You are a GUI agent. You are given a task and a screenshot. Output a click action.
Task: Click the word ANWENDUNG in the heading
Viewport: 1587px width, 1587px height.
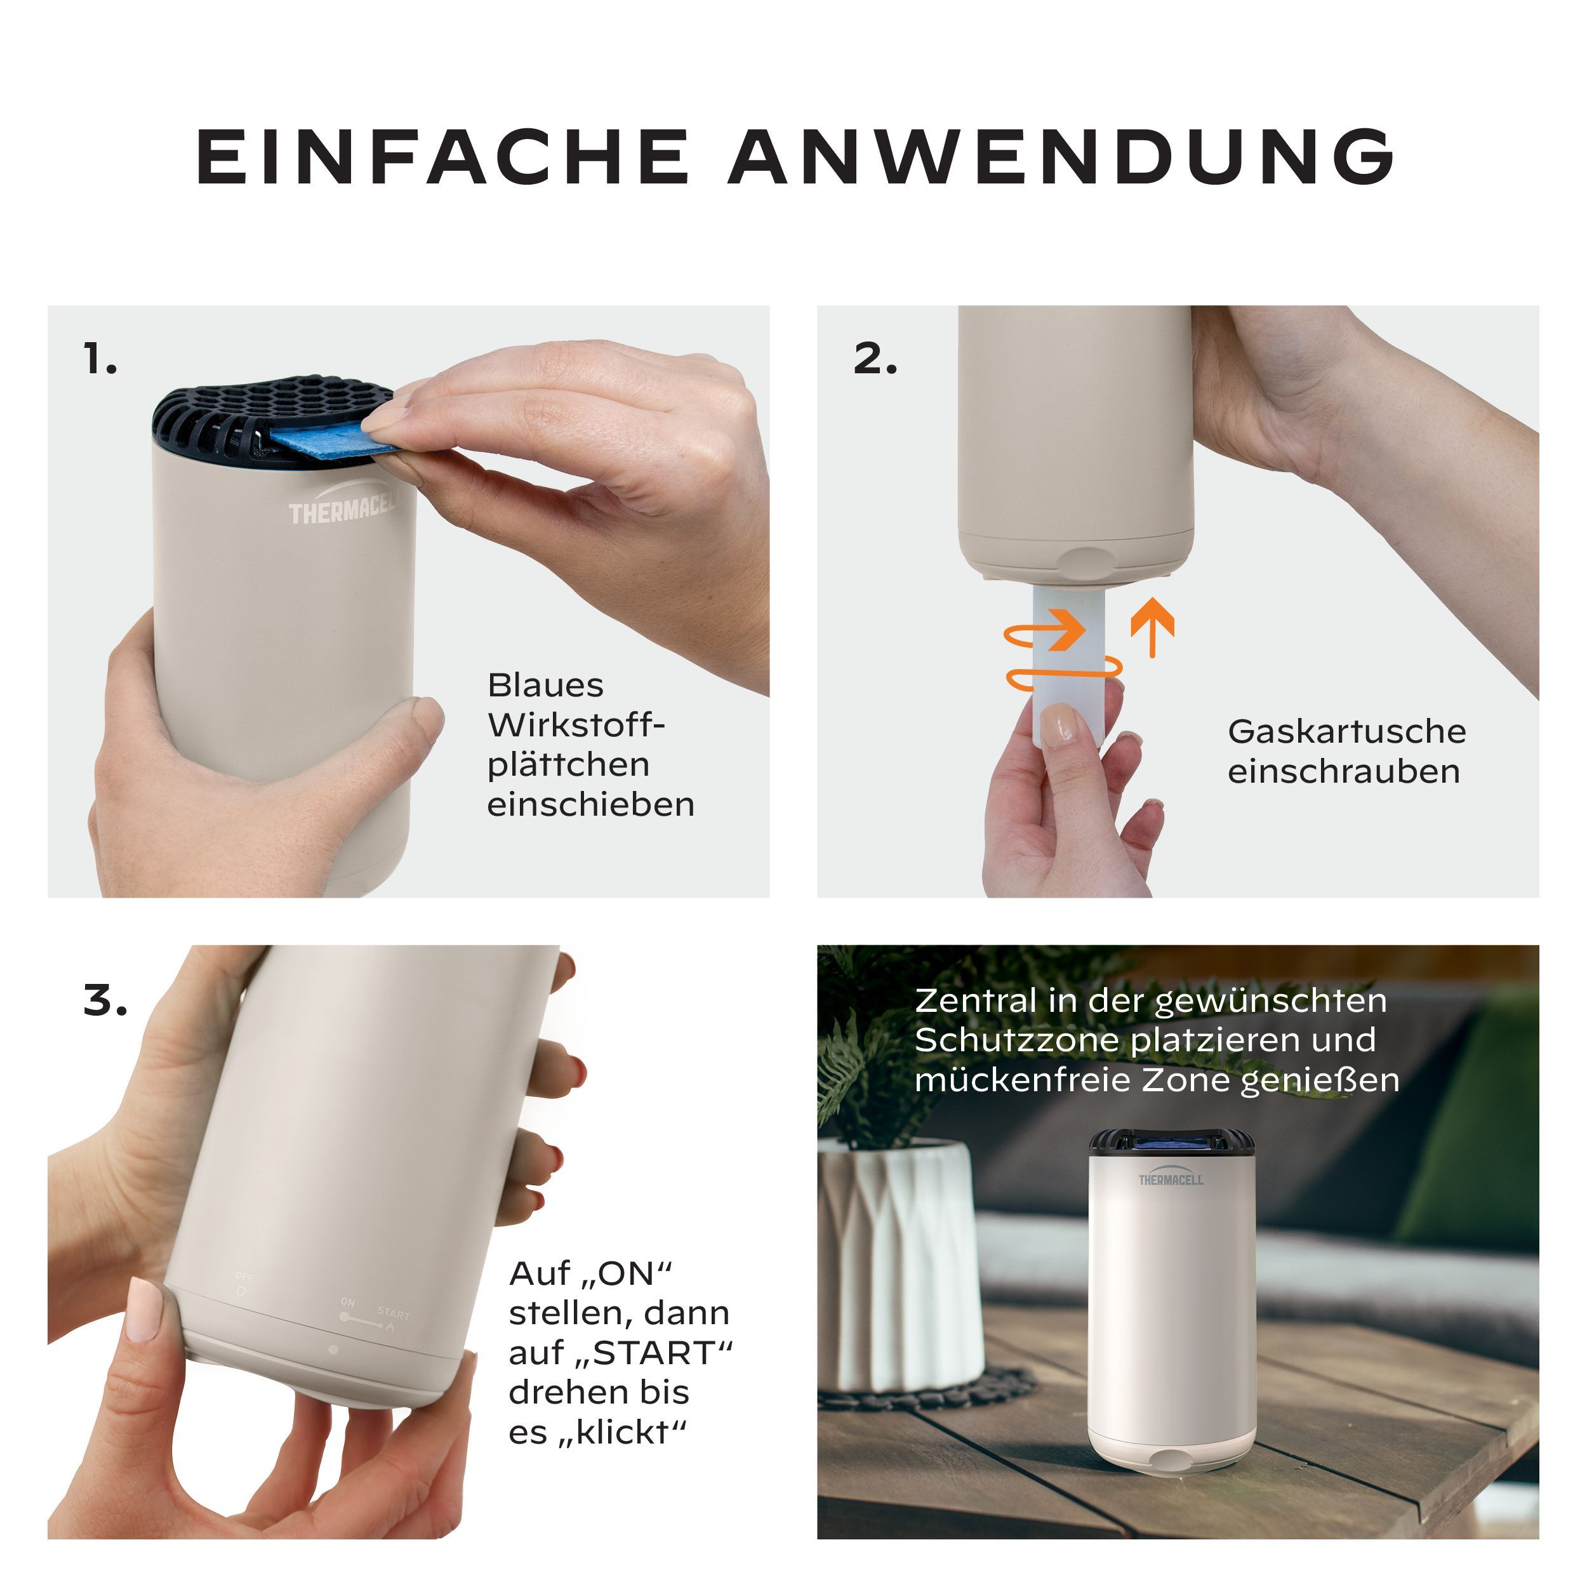point(1062,156)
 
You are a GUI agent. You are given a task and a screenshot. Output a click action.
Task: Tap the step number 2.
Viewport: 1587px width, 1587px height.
point(875,359)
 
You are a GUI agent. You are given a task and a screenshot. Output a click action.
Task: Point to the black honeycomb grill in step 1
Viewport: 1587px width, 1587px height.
point(271,419)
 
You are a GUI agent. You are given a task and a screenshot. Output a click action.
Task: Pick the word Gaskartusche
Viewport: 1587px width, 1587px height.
point(1346,732)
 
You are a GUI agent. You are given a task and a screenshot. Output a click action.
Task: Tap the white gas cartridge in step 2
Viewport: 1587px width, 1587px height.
point(1068,665)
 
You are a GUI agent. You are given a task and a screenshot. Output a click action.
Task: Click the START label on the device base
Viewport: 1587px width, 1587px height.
point(394,1313)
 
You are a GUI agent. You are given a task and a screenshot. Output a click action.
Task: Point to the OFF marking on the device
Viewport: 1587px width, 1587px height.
point(244,1276)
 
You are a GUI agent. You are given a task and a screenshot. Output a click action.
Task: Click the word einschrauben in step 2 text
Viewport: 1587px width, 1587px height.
point(1344,771)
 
